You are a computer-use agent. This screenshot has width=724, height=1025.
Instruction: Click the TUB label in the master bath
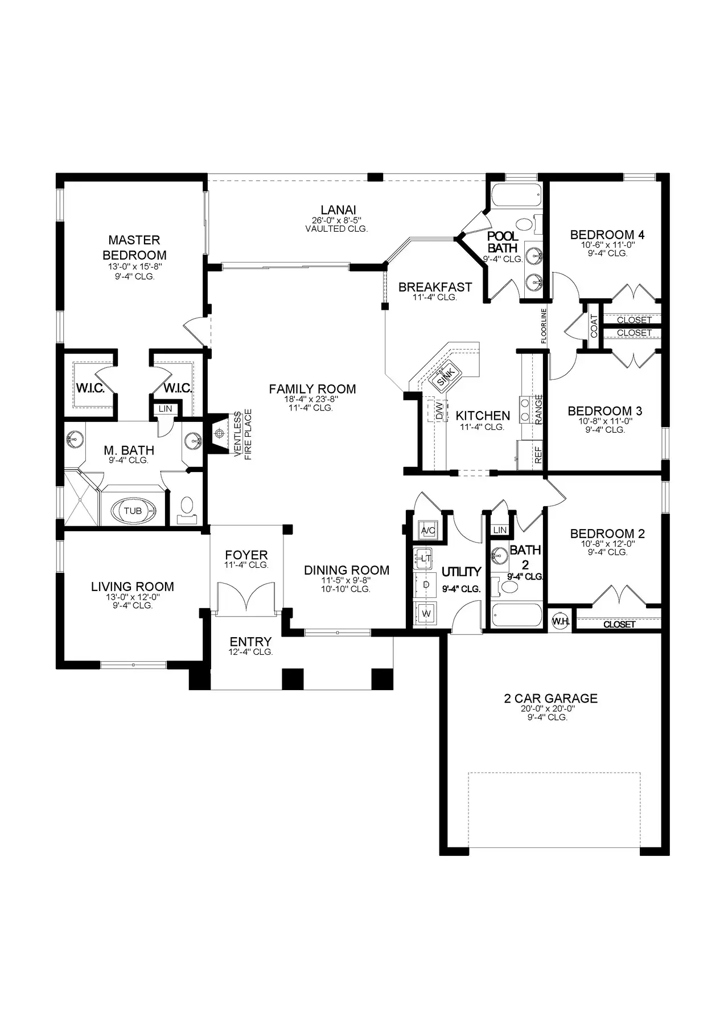pos(133,511)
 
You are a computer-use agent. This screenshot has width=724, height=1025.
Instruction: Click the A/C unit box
pos(427,530)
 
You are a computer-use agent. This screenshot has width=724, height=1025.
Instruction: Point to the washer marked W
pos(425,613)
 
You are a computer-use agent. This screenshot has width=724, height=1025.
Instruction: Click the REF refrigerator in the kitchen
pos(530,454)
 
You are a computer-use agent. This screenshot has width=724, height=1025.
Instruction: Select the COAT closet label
pos(594,326)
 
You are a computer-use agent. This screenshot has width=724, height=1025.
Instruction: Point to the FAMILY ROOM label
pos(312,389)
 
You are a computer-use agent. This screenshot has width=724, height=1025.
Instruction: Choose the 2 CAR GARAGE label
pos(551,698)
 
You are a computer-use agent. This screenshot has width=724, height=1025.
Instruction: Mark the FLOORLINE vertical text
pos(544,326)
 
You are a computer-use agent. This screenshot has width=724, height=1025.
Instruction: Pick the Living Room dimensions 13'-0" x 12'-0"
pos(133,597)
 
